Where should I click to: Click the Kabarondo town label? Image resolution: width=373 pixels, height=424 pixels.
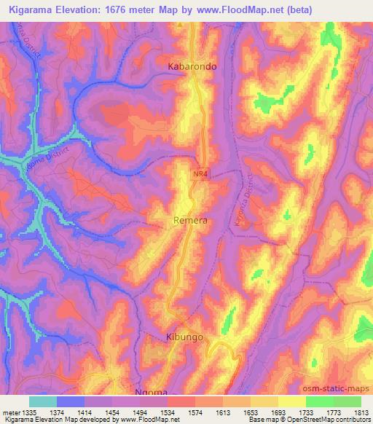click(193, 66)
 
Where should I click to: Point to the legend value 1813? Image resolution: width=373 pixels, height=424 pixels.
click(360, 413)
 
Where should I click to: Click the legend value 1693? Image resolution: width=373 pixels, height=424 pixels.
click(278, 413)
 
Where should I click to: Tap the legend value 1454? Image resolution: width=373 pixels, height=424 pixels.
click(113, 413)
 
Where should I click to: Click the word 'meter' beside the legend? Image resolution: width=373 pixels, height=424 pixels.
click(10, 413)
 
